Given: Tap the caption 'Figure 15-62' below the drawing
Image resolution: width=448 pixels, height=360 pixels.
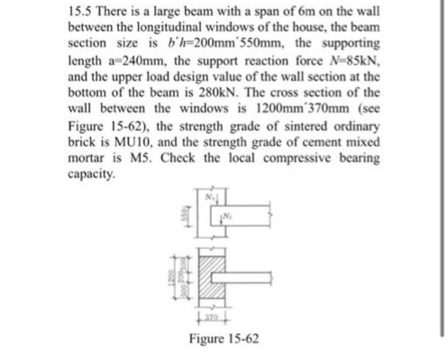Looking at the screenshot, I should (224, 338).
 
